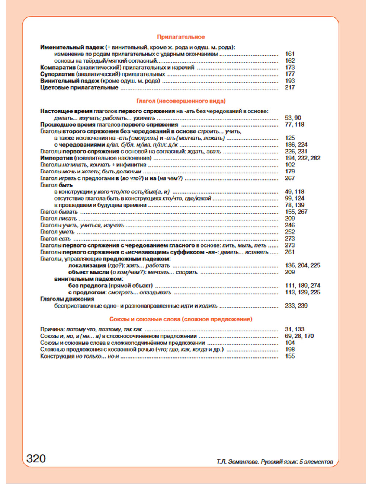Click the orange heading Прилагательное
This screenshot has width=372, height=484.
(181, 37)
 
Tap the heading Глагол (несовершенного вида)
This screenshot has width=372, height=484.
(181, 101)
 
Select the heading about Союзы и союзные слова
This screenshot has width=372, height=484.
(181, 319)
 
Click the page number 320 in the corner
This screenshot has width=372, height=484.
(36, 458)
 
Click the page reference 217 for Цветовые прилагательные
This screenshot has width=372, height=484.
(290, 87)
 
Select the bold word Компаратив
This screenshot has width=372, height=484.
(58, 67)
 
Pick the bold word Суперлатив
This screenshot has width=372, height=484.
(57, 74)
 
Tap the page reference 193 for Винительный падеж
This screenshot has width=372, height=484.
(290, 81)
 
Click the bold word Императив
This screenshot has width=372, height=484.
(56, 158)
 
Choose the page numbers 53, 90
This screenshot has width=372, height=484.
(293, 118)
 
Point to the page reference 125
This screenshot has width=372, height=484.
(290, 138)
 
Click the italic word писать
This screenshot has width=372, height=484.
(68, 219)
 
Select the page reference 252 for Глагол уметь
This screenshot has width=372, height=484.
(290, 232)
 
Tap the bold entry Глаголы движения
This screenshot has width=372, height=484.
(67, 299)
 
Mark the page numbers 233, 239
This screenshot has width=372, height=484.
(296, 306)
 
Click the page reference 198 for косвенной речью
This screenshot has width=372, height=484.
(290, 350)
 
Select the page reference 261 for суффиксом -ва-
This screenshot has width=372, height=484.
(290, 252)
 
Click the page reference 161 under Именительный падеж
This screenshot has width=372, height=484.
(290, 54)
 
